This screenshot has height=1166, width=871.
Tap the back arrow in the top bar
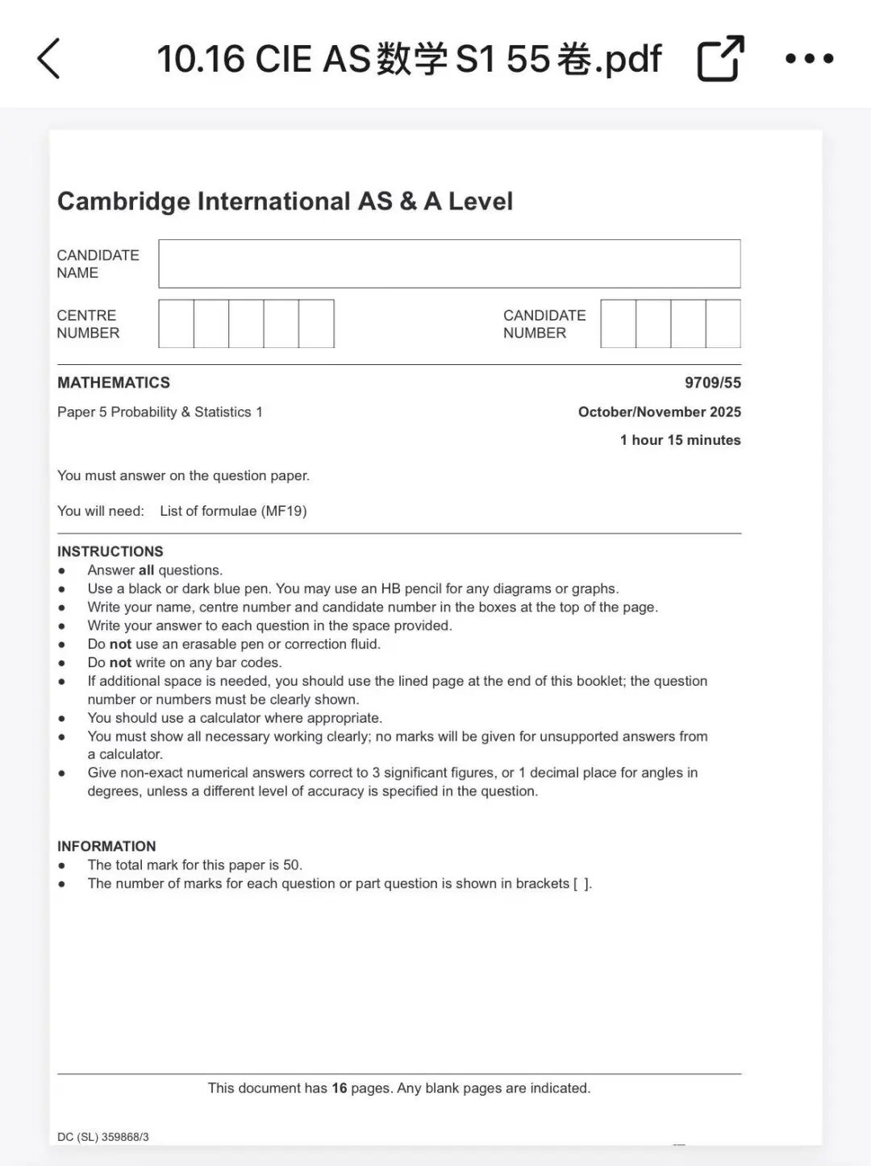point(49,59)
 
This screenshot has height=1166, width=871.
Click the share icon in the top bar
point(720,58)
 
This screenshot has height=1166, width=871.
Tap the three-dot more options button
point(809,58)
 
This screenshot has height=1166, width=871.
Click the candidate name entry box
point(449,263)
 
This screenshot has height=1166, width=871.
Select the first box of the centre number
point(176,324)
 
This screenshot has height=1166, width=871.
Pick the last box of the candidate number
point(723,324)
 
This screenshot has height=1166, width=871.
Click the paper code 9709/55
point(713,383)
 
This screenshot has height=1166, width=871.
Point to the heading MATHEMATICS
point(114,383)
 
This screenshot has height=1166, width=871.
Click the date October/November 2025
point(659,412)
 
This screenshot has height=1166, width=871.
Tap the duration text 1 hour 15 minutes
point(680,440)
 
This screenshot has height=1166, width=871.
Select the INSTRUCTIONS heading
point(110,551)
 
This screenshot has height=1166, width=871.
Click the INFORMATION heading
point(106,846)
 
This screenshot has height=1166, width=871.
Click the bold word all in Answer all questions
point(146,571)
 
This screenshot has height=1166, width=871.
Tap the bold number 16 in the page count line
point(340,1088)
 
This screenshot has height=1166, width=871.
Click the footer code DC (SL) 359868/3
point(103,1137)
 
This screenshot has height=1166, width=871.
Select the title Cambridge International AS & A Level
point(285,201)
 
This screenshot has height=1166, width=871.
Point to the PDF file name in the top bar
point(409,59)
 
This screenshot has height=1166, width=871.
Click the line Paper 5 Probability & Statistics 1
point(160,412)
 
